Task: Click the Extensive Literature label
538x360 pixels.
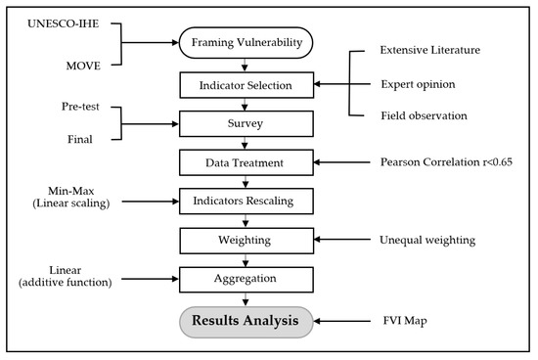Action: (437, 49)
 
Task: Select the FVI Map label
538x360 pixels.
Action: (401, 318)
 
